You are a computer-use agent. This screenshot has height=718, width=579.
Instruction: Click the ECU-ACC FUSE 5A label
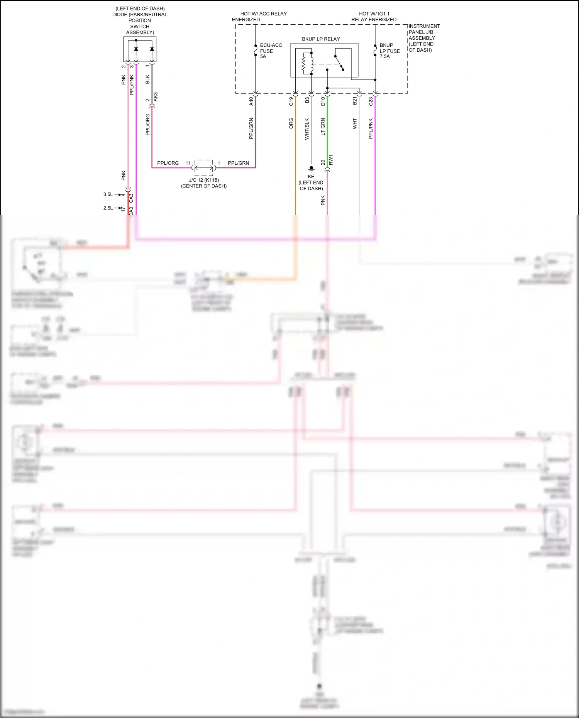point(271,51)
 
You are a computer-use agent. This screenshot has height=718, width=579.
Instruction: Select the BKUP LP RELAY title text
point(320,39)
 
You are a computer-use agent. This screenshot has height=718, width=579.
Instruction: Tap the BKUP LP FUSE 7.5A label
point(389,51)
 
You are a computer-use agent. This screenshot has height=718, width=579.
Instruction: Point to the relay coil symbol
point(304,63)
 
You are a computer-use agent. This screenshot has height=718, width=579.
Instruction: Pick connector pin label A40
point(251,101)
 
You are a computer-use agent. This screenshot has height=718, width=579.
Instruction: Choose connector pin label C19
point(291,101)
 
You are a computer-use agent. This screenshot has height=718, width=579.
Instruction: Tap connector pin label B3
point(307,100)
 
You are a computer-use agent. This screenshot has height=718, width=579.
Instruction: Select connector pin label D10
point(323,101)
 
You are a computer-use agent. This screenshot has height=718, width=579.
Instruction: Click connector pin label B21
point(355,101)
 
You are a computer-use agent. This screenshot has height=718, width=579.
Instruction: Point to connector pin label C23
point(371,101)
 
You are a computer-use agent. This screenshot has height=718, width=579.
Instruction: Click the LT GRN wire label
point(323,127)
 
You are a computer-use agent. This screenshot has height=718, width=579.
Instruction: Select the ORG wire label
point(291,123)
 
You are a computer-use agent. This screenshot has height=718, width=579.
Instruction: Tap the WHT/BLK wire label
point(307,129)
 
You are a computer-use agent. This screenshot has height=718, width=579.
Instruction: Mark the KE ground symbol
point(311,169)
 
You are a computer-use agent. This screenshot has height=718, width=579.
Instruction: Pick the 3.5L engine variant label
point(108,194)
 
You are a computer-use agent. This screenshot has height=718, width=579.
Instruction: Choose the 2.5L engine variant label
point(108,208)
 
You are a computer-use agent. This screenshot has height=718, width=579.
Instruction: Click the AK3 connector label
point(156,97)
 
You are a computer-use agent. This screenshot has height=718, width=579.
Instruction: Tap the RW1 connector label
point(331,160)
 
